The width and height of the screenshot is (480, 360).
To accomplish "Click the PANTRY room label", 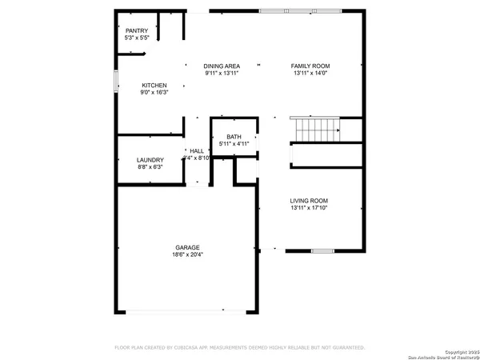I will click(x=137, y=30).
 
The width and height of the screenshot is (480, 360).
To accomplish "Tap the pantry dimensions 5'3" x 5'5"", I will click(x=137, y=38).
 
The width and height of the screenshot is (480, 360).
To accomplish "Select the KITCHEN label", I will click(x=154, y=85).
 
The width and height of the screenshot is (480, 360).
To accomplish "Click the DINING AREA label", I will click(x=222, y=66).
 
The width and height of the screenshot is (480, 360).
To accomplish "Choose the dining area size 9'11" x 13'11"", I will click(x=222, y=74).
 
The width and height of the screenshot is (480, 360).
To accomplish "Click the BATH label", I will click(x=234, y=137).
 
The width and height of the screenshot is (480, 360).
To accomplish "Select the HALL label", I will click(x=196, y=150).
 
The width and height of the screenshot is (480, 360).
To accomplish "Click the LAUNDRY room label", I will click(x=150, y=159).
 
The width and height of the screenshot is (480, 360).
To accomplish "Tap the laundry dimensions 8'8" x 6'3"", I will click(x=150, y=167).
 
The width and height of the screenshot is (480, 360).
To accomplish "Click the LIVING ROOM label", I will click(x=309, y=201).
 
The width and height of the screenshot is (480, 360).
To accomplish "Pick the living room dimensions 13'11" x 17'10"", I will click(x=309, y=209).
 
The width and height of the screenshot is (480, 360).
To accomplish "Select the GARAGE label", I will click(x=187, y=247).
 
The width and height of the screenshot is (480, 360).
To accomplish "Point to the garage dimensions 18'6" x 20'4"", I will click(x=187, y=255).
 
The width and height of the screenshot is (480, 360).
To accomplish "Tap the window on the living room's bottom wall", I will click(x=322, y=252).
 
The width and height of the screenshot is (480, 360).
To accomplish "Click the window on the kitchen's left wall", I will click(x=117, y=82).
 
